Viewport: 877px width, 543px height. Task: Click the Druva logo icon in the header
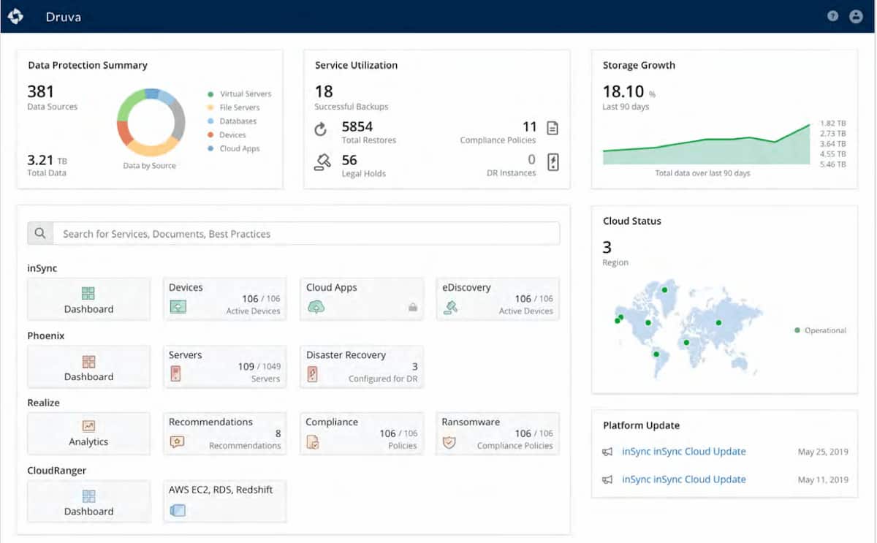tap(15, 16)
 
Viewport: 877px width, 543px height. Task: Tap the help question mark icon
tap(832, 16)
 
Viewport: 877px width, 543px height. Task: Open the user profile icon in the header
tap(856, 16)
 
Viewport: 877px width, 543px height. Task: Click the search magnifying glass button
tap(40, 234)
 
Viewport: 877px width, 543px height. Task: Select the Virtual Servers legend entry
tap(245, 94)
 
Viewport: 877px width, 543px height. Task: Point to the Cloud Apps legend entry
tap(239, 148)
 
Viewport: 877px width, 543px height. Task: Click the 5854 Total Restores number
tap(358, 127)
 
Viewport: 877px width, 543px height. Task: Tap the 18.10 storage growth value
tap(623, 91)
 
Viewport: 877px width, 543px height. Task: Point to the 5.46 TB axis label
tap(832, 165)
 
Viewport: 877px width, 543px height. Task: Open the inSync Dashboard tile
tap(88, 299)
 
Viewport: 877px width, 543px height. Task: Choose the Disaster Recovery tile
tap(362, 366)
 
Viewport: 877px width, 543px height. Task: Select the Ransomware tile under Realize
tap(497, 433)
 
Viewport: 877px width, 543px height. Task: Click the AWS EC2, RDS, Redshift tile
tap(224, 501)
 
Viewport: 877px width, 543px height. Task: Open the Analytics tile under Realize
tap(88, 433)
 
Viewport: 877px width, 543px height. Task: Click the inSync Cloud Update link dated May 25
tap(683, 452)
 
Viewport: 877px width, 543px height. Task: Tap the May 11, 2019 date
tap(823, 480)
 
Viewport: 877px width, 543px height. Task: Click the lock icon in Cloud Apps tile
tap(413, 308)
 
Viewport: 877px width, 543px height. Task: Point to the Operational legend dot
tap(797, 330)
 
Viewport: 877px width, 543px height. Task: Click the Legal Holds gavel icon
tap(322, 162)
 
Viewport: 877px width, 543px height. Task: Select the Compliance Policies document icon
tap(553, 129)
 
